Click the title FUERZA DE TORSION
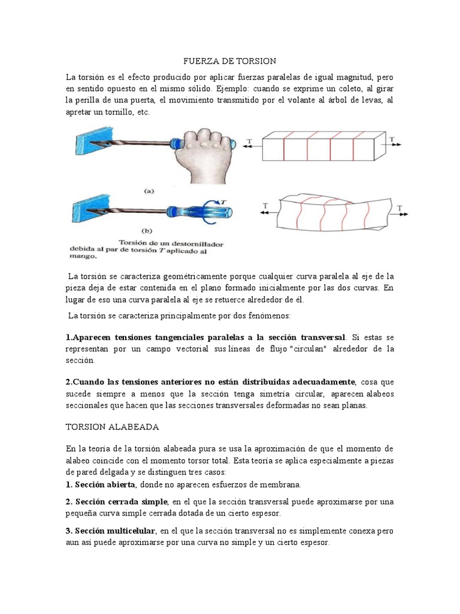tap(229, 61)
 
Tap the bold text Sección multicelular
tap(114, 531)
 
